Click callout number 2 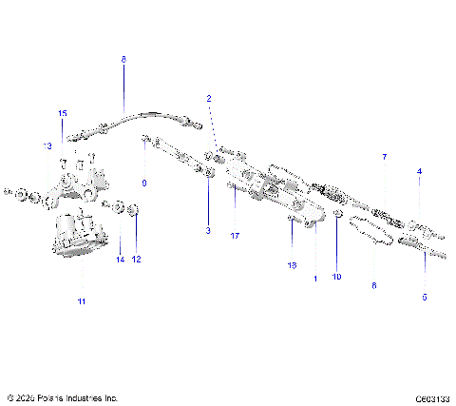tap(209, 99)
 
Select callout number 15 tap(63, 113)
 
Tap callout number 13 tap(46, 146)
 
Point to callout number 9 tap(144, 182)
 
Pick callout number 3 tap(208, 230)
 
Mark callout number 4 tap(419, 172)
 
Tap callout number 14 tap(120, 260)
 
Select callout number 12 tap(136, 260)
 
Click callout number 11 tap(82, 301)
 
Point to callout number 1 tap(314, 279)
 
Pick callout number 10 tap(336, 277)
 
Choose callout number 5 tap(424, 297)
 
